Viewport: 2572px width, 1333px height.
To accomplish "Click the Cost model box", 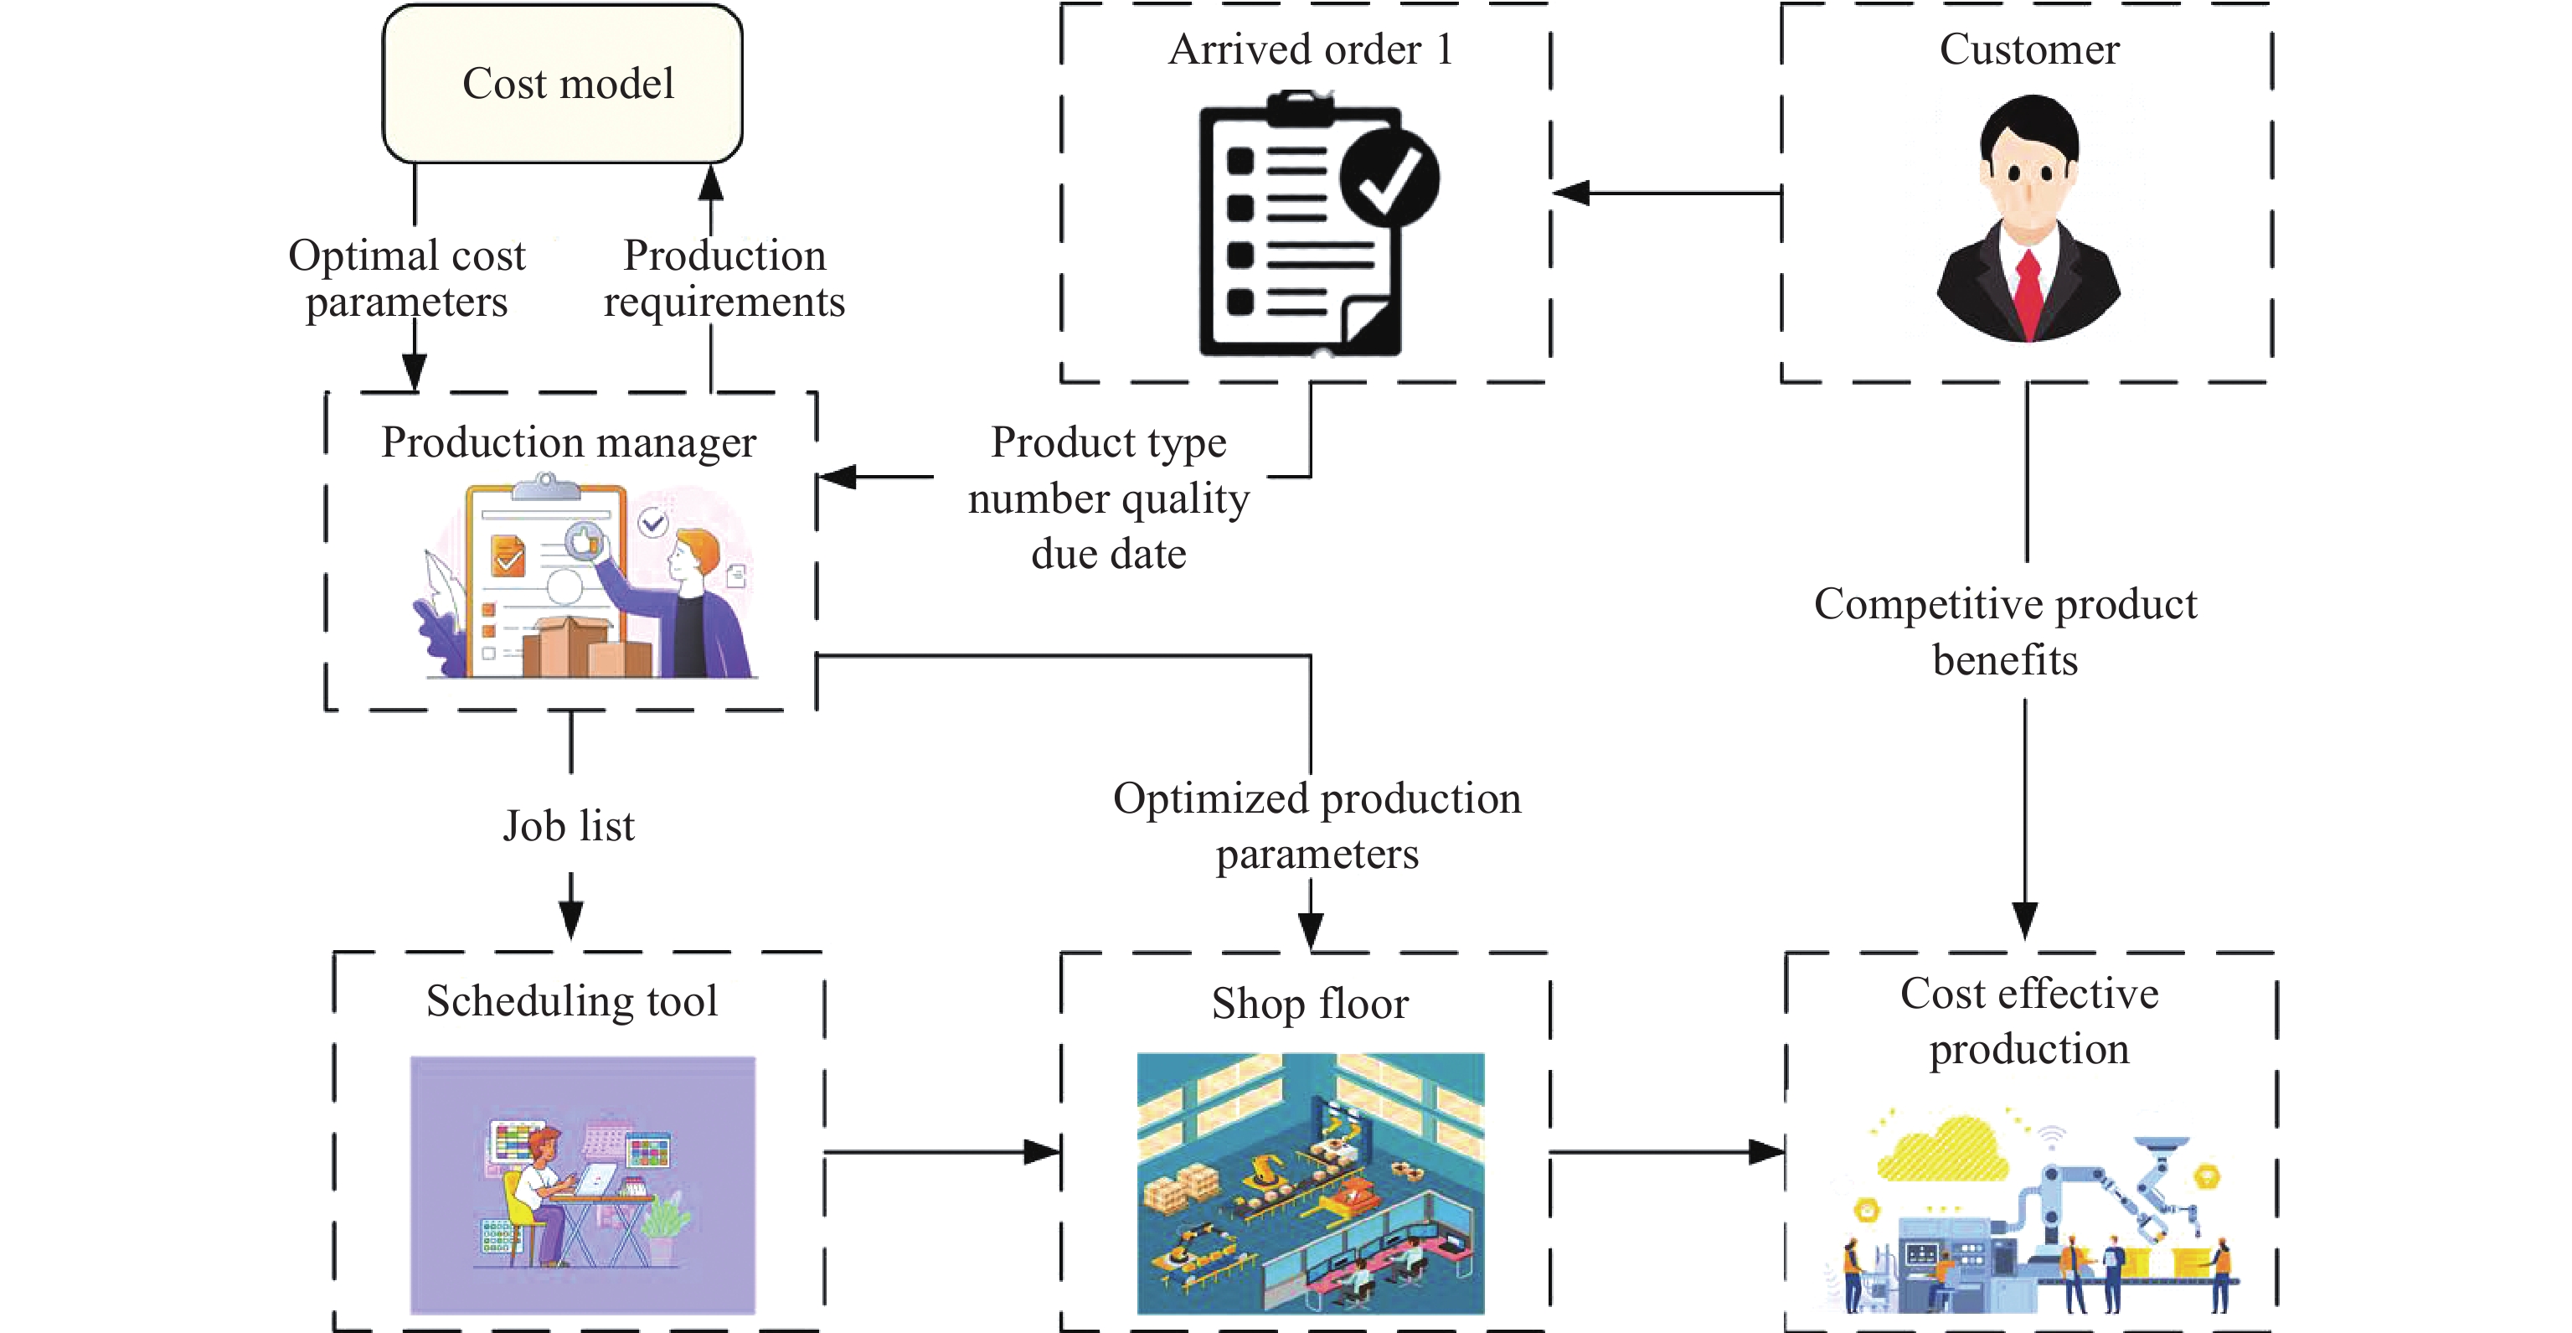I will pos(562,84).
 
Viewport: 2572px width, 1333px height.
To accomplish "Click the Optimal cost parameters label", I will pos(406,279).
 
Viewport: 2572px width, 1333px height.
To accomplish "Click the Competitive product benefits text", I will pos(2005,632).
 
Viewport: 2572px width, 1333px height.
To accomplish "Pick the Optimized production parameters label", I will pos(1317,826).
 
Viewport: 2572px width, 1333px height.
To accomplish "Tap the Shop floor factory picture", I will pos(1310,1183).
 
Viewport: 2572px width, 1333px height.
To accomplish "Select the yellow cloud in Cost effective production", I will pos(1942,1151).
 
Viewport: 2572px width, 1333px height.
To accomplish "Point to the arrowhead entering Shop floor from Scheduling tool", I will pos(1043,1152).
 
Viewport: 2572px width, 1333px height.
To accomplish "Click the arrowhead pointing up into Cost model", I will pos(711,183).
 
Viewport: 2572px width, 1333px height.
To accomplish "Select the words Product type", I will pos(1108,442).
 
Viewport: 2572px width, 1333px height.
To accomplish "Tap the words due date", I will pos(1108,554).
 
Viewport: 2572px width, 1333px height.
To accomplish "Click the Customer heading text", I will pos(2028,50).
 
